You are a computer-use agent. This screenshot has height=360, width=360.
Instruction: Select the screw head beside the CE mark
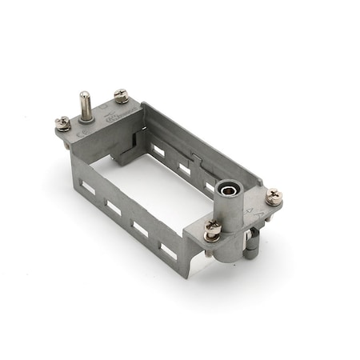(62, 123)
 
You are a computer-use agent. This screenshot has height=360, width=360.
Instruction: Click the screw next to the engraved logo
(121, 96)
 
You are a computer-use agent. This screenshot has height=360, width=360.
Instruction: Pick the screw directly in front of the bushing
(212, 230)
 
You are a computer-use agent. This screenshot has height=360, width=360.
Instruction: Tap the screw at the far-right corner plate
(273, 196)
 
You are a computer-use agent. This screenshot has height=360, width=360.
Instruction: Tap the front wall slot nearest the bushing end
(168, 249)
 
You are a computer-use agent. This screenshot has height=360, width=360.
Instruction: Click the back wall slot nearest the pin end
(158, 150)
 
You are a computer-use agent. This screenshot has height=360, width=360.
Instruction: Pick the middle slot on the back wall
(184, 169)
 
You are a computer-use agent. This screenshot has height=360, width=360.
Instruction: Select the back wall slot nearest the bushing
(210, 188)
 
